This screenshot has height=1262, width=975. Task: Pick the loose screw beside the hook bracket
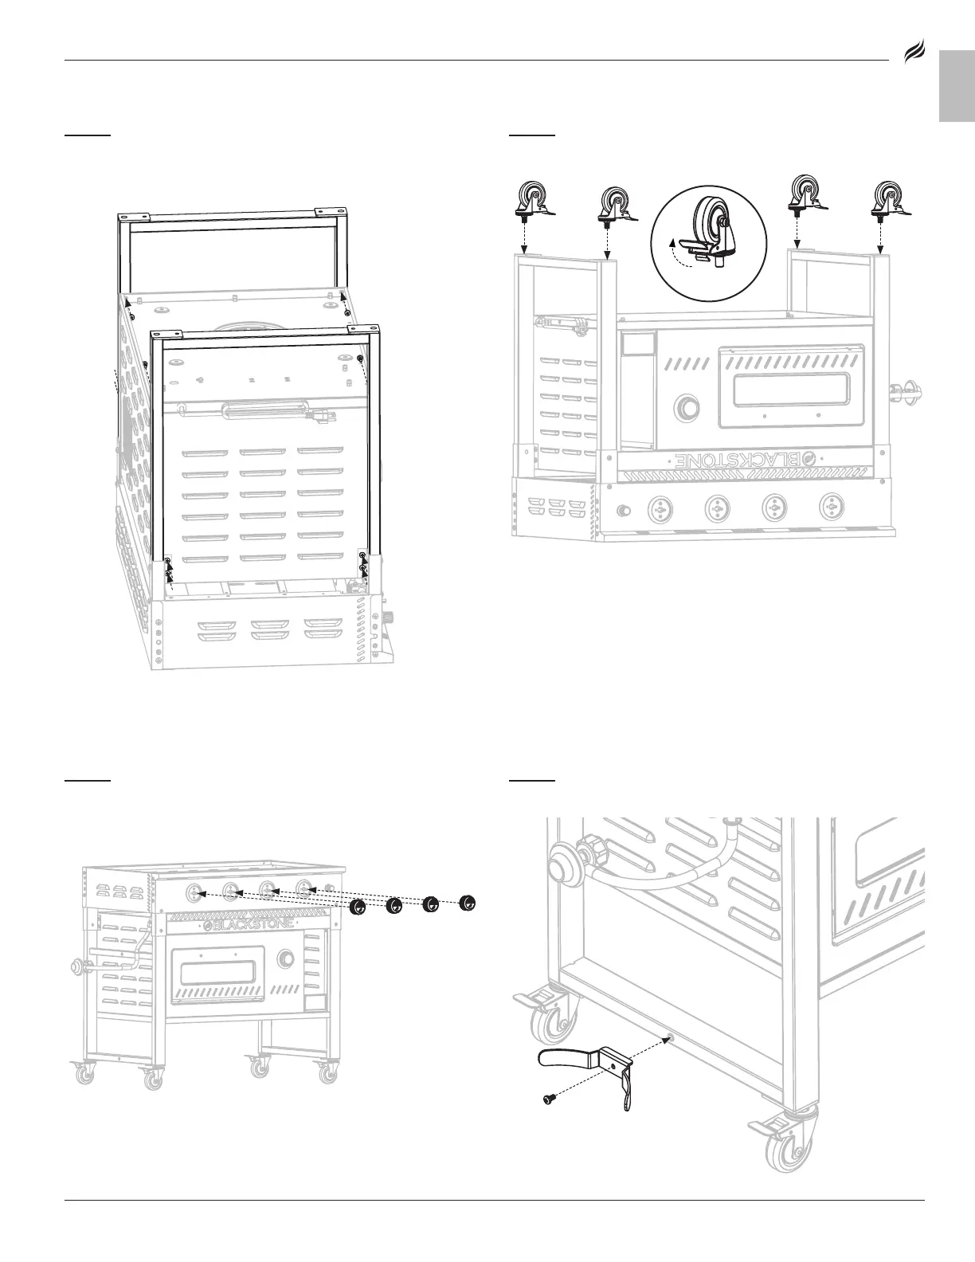tap(548, 1099)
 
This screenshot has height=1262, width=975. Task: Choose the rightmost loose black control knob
tap(468, 903)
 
